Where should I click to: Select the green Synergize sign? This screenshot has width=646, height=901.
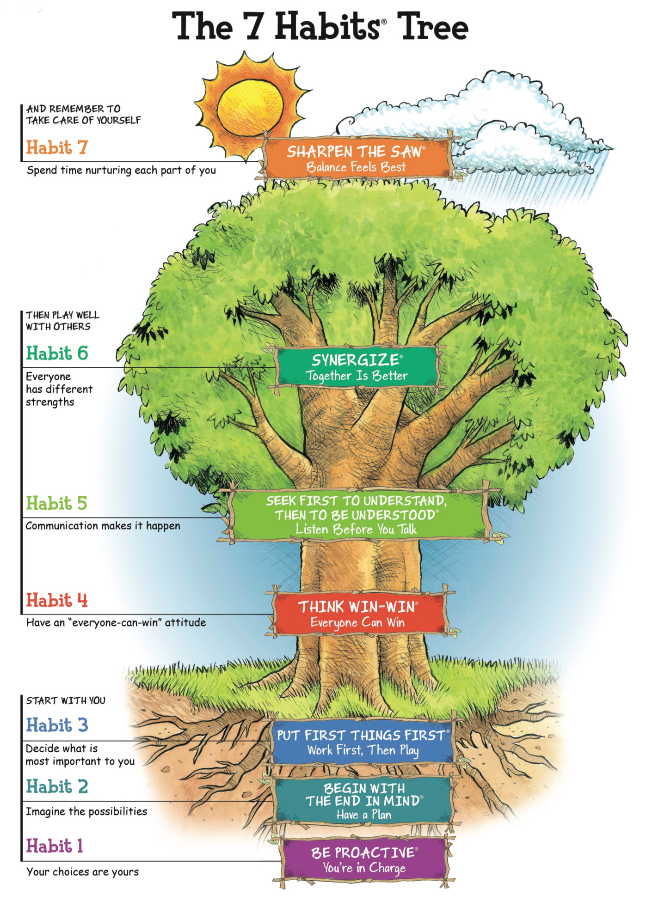[357, 367]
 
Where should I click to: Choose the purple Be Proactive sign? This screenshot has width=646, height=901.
[364, 860]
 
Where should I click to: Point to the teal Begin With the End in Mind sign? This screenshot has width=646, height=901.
[364, 801]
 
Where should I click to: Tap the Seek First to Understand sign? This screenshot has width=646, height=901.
[357, 515]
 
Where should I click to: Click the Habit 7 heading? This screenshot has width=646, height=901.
[57, 148]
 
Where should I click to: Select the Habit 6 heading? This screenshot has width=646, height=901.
[57, 353]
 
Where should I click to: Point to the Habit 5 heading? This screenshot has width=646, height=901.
[56, 503]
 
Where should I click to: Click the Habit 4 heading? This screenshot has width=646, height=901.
[57, 600]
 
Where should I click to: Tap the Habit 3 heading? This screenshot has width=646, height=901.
[57, 725]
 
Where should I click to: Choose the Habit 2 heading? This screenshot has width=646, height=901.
[57, 786]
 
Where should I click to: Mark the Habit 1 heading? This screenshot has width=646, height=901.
[55, 846]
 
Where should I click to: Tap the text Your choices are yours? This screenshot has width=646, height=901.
[82, 872]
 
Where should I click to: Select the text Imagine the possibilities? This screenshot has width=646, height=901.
[86, 811]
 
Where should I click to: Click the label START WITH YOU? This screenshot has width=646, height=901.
[66, 700]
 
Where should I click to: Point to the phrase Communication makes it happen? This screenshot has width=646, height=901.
[103, 526]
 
